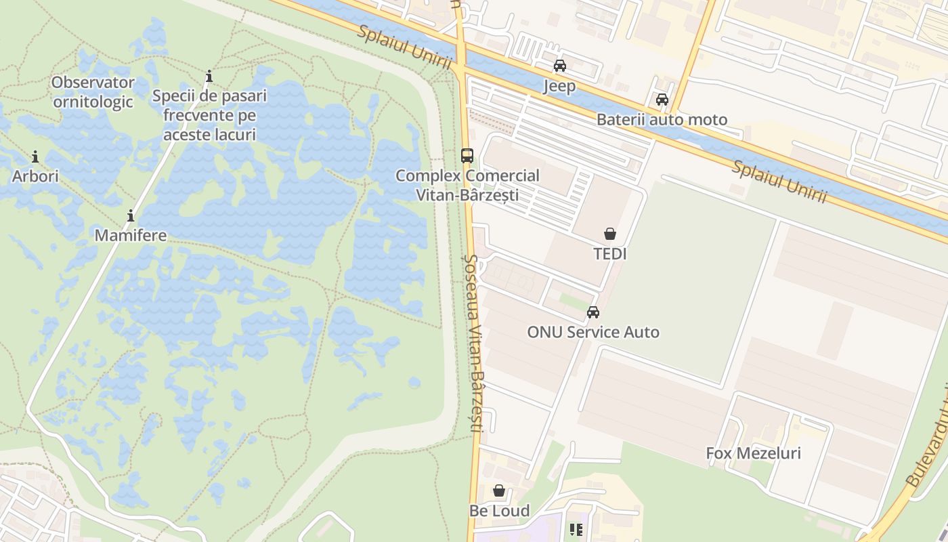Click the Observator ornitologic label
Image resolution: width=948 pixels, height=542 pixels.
click(93, 92)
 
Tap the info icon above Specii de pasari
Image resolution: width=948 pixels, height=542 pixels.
click(209, 76)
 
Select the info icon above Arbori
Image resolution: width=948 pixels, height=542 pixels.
click(35, 157)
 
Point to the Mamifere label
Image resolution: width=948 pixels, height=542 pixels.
click(131, 235)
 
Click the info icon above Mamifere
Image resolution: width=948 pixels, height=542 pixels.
click(131, 216)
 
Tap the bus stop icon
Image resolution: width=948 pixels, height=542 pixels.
click(467, 155)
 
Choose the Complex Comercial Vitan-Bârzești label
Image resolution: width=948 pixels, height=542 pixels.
click(467, 185)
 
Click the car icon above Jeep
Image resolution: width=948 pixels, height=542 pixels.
click(559, 66)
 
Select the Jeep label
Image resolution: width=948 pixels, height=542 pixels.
click(559, 86)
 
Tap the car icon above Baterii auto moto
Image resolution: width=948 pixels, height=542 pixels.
click(662, 100)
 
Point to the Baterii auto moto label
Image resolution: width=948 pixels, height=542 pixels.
click(662, 120)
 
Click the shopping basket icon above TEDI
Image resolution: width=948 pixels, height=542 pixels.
click(610, 234)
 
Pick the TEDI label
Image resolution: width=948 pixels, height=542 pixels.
click(610, 254)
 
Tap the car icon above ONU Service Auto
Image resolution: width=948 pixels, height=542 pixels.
click(593, 312)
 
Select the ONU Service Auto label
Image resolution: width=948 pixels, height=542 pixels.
click(593, 332)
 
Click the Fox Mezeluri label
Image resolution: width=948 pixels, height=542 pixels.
click(753, 453)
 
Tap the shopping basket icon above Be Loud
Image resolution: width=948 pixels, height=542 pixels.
click(499, 491)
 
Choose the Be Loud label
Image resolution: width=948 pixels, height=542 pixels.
click(500, 510)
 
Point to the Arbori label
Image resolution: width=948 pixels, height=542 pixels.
click(35, 176)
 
